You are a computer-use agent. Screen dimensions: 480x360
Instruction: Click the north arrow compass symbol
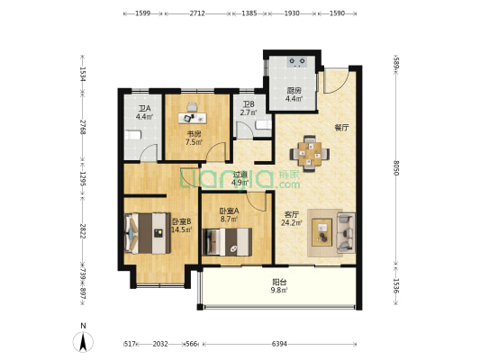pyautogui.click(x=83, y=342)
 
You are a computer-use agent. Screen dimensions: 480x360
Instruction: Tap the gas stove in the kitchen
pyautogui.click(x=297, y=62)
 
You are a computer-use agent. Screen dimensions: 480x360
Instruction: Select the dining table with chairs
pyautogui.click(x=310, y=154)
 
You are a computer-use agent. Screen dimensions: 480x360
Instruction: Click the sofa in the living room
pyautogui.click(x=346, y=232)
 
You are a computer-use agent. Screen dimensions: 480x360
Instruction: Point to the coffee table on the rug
pyautogui.click(x=322, y=232)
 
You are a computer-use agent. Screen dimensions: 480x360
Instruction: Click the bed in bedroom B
pyautogui.click(x=148, y=233)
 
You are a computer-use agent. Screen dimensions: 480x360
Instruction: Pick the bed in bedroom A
pyautogui.click(x=227, y=241)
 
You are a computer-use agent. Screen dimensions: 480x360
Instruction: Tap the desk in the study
pyautogui.click(x=192, y=118)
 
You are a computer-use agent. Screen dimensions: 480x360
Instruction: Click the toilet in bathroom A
pyautogui.click(x=132, y=135)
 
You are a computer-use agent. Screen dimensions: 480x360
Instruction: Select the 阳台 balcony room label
pyautogui.click(x=279, y=282)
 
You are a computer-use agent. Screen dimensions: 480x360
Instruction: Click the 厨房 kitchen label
pyautogui.click(x=294, y=91)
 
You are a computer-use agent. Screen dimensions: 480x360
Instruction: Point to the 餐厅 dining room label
pyautogui.click(x=341, y=128)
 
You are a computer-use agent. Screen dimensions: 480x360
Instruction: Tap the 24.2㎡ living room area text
pyautogui.click(x=292, y=223)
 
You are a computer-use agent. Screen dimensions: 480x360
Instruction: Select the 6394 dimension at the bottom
pyautogui.click(x=279, y=344)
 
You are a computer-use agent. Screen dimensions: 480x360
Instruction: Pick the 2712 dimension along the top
pyautogui.click(x=197, y=13)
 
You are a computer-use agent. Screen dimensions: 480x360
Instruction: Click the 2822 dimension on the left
pyautogui.click(x=82, y=231)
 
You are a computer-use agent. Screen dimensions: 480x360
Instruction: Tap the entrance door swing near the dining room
pyautogui.click(x=336, y=81)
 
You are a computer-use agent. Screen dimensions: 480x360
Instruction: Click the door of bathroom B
pyautogui.click(x=244, y=130)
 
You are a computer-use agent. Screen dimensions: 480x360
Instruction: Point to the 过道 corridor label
pyautogui.click(x=240, y=175)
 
